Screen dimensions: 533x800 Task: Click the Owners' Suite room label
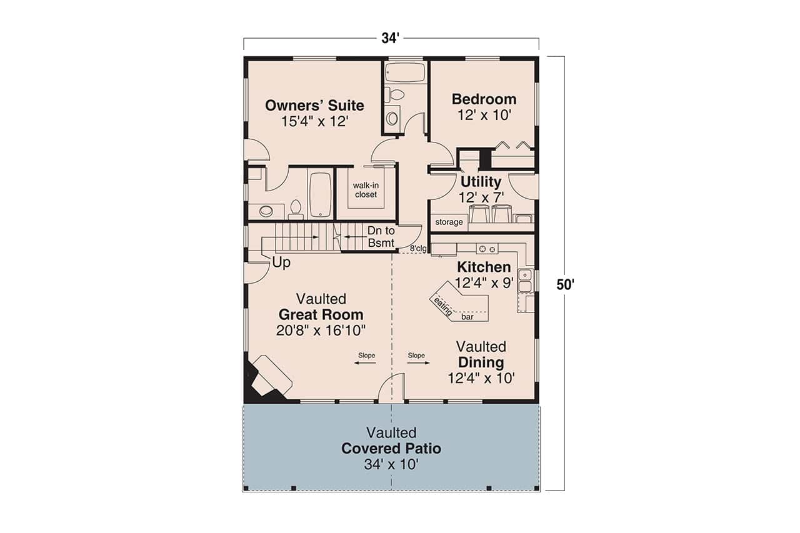(x=314, y=105)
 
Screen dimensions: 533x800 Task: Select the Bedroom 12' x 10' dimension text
(x=484, y=115)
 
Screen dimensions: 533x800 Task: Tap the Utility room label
(x=481, y=182)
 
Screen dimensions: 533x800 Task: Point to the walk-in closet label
(x=366, y=190)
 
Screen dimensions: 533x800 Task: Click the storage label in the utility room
(x=449, y=222)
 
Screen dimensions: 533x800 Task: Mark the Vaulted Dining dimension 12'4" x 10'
(x=481, y=378)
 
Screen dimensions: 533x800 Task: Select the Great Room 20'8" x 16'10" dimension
(x=321, y=330)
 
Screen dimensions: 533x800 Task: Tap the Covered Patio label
(x=391, y=449)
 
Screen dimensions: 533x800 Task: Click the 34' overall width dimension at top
(x=391, y=38)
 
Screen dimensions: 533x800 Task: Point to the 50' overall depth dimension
(x=565, y=284)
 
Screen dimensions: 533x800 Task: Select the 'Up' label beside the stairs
(x=281, y=263)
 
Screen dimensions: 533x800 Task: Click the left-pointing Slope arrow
(x=366, y=363)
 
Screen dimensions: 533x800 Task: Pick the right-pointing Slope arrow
(x=417, y=363)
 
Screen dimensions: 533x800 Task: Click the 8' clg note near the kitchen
(x=418, y=249)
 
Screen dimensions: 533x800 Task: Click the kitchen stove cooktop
(x=486, y=248)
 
